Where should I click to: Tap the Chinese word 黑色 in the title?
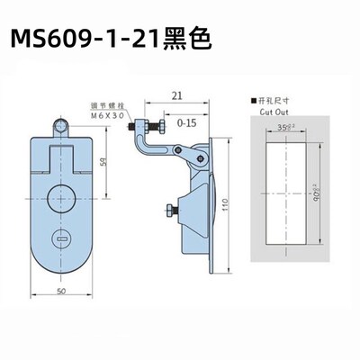pos(186,41)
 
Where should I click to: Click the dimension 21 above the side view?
pos(176,93)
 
